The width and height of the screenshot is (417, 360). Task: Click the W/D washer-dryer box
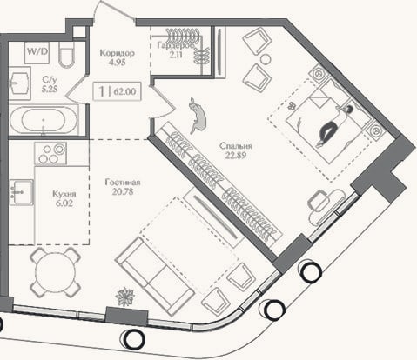37,53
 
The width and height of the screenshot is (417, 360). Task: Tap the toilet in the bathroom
67,55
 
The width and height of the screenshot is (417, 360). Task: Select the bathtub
44,120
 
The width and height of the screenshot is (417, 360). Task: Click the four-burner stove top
50,153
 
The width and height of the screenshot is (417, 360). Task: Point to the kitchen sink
21,192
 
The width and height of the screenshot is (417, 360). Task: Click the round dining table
56,272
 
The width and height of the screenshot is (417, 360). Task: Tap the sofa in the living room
155,277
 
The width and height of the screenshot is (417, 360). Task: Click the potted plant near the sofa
125,297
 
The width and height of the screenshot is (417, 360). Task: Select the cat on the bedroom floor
198,116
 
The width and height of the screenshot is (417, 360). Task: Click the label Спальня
236,146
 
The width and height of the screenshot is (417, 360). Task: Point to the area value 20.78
123,191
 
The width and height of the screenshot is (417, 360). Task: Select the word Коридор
117,53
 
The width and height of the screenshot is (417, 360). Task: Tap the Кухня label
64,194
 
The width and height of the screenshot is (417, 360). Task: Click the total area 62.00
124,91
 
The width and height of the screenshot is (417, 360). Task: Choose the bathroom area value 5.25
50,89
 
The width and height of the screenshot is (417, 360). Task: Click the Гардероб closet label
175,45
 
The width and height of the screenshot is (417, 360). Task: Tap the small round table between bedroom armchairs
266,59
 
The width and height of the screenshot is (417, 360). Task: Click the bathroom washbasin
19,83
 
